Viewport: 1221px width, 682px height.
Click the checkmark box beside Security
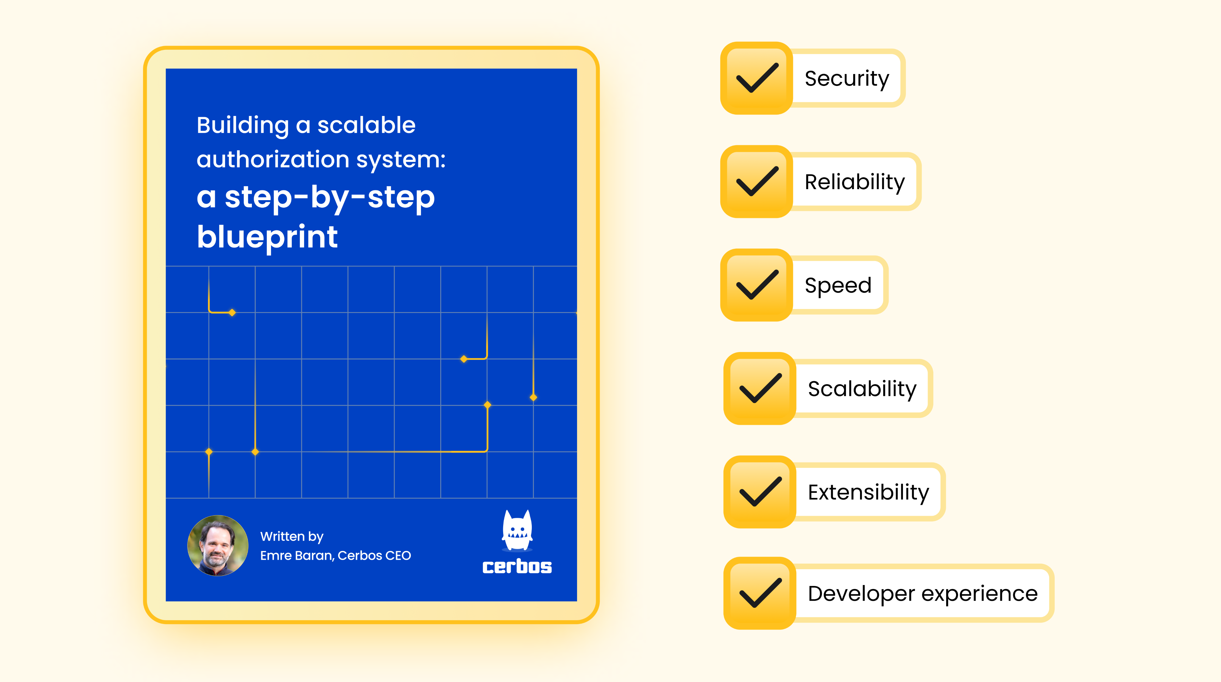[757, 78]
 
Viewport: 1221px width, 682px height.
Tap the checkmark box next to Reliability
[757, 182]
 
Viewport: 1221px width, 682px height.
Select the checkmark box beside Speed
[757, 285]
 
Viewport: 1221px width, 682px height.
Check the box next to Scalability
[760, 388]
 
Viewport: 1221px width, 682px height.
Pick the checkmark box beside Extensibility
[760, 492]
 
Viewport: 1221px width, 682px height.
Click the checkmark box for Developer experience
[760, 593]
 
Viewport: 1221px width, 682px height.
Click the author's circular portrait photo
[218, 545]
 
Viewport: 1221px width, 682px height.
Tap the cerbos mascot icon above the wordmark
[517, 530]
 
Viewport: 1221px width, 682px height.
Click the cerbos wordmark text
[517, 566]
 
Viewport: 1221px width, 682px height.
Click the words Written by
[292, 536]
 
